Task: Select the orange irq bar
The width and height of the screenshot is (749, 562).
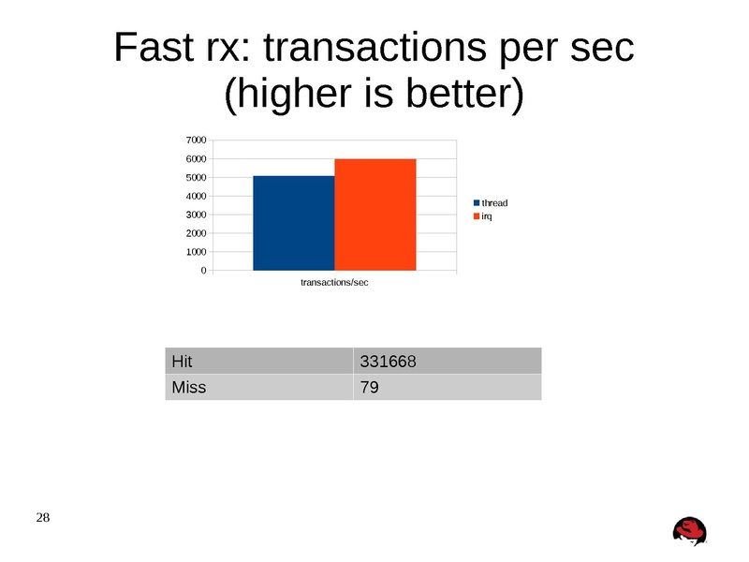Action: coord(374,214)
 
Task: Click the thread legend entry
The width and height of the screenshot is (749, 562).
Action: coord(493,203)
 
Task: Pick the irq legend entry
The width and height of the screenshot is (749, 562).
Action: coord(487,216)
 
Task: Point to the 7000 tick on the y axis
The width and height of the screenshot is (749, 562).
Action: coord(195,140)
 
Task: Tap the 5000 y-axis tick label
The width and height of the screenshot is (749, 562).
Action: coord(195,178)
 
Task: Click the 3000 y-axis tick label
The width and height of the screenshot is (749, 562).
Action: coord(195,215)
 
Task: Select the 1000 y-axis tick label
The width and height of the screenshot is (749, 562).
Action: coord(195,253)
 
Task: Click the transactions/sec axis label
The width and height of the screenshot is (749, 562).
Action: coord(334,283)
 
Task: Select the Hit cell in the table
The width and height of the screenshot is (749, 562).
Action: coord(258,361)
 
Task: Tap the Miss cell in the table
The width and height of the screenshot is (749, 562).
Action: coord(258,387)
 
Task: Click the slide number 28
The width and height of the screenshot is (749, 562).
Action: coord(44,518)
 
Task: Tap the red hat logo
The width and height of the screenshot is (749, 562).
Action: coord(691,530)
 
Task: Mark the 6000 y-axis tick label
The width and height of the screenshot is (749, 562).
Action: coord(195,159)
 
